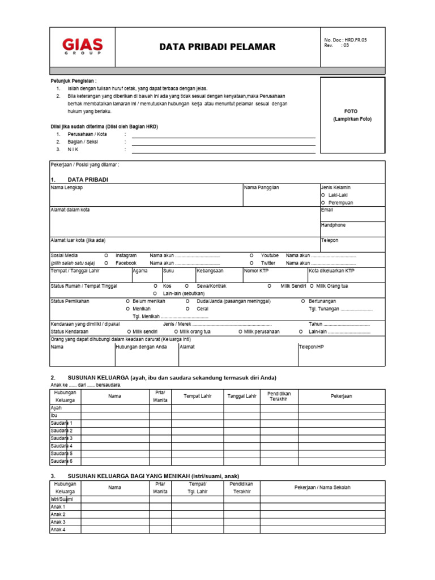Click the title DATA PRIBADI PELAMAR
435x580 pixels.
(217, 46)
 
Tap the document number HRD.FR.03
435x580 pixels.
(346, 40)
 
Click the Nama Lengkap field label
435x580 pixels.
(67, 187)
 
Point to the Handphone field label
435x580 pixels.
(333, 225)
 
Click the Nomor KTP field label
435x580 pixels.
(256, 271)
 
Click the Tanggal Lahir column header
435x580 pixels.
(242, 396)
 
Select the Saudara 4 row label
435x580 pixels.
(62, 446)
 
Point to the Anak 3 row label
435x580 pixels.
(58, 522)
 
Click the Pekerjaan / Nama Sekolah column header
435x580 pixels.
(322, 488)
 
